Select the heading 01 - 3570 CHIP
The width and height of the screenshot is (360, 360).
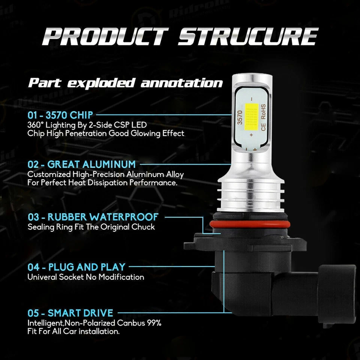click(x=60, y=115)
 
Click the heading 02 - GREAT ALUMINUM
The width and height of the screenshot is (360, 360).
click(x=81, y=164)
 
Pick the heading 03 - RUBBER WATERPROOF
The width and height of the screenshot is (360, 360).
click(x=93, y=217)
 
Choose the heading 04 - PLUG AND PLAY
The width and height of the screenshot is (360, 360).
click(x=76, y=267)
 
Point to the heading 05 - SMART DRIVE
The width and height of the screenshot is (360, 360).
click(x=70, y=313)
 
